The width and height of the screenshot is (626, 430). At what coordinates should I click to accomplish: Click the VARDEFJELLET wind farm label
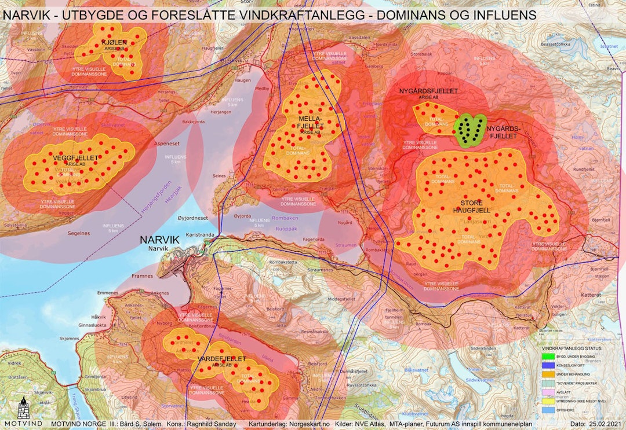tap(221, 359)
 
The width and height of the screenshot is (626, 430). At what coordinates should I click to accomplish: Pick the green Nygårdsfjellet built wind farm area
tap(469, 129)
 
